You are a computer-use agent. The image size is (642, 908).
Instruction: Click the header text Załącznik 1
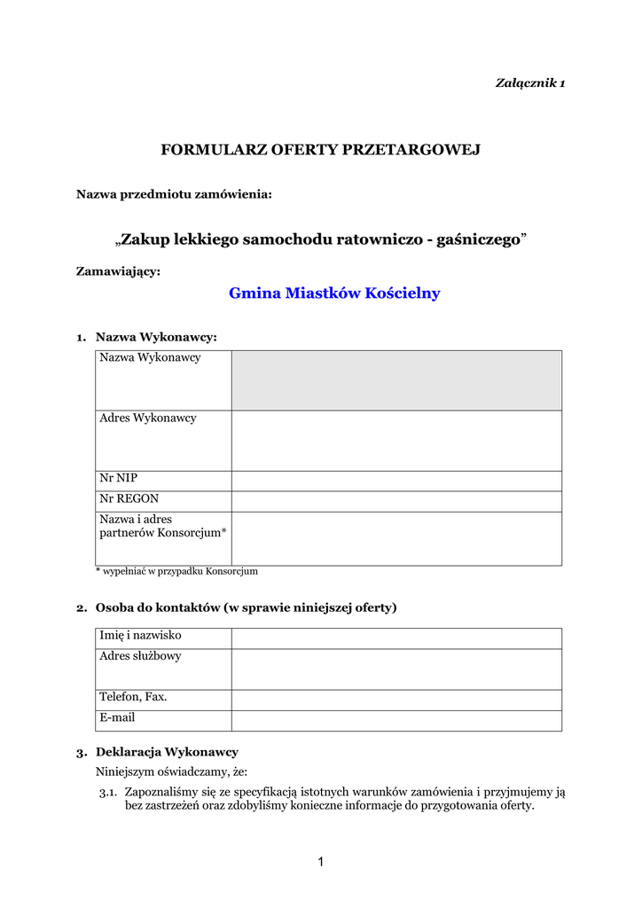[529, 83]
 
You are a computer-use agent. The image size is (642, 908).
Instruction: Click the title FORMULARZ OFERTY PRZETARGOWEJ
[320, 150]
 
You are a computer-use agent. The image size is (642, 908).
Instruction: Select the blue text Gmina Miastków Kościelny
[334, 294]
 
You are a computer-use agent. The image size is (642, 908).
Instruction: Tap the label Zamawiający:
[119, 271]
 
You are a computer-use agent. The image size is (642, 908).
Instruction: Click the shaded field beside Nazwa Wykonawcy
[396, 380]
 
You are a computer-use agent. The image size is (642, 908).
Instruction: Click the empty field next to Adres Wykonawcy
[396, 440]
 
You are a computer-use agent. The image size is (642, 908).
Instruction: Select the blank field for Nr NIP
[396, 481]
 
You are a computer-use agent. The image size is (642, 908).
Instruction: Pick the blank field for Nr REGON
[396, 501]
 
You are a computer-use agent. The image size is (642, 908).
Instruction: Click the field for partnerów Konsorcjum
[396, 538]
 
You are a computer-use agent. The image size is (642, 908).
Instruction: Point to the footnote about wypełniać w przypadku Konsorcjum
[176, 572]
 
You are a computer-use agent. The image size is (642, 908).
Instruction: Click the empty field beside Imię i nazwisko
[396, 638]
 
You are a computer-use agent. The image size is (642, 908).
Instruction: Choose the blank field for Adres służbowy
[396, 669]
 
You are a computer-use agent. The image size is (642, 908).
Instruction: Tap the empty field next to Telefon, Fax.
[396, 700]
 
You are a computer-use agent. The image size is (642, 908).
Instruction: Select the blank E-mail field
[396, 720]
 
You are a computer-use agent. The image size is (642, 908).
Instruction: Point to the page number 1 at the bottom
[321, 861]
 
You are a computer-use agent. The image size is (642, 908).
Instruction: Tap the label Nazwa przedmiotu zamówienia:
[174, 194]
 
